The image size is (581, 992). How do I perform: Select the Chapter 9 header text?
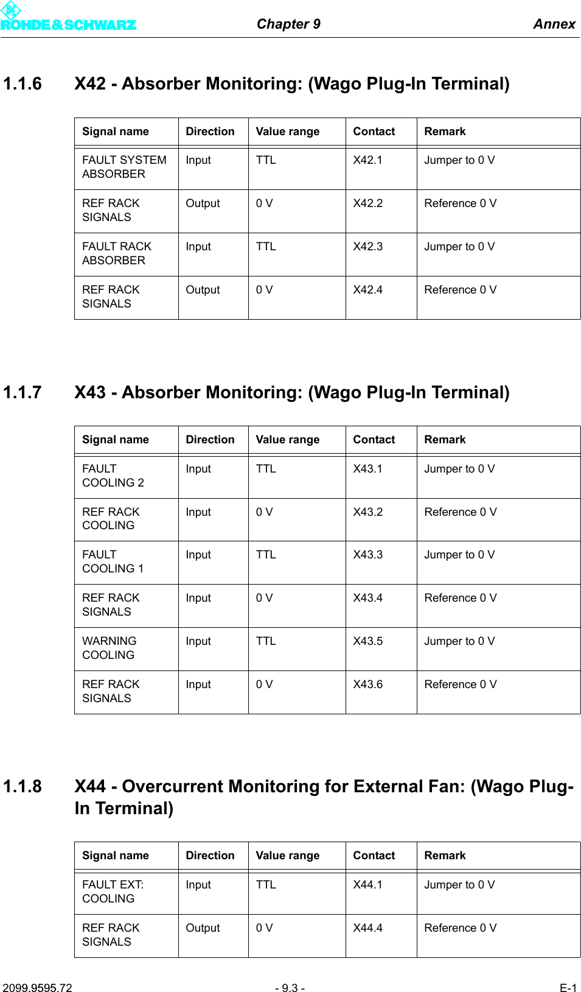tap(288, 24)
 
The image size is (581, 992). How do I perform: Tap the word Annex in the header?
tap(554, 24)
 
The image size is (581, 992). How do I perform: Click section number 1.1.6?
tap(23, 83)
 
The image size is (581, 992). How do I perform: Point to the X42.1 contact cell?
tap(367, 160)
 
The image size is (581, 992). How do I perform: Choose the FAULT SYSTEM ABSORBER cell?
tap(124, 167)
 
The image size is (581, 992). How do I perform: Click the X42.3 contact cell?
tap(367, 247)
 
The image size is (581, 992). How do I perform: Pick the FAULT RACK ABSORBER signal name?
tap(117, 253)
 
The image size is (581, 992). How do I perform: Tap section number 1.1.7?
tap(23, 392)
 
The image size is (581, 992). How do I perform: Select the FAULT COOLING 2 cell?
tap(113, 476)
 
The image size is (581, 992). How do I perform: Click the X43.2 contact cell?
tap(367, 512)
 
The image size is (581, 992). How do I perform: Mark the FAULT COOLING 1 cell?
tap(113, 561)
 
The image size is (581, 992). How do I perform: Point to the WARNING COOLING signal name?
tap(110, 648)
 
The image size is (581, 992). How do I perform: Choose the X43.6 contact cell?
tap(367, 684)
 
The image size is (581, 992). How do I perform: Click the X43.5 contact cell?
tap(367, 641)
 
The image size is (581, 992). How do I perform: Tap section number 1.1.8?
tap(23, 786)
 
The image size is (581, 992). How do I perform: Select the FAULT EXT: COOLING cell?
tap(113, 892)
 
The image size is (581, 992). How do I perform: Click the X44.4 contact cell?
tap(367, 928)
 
